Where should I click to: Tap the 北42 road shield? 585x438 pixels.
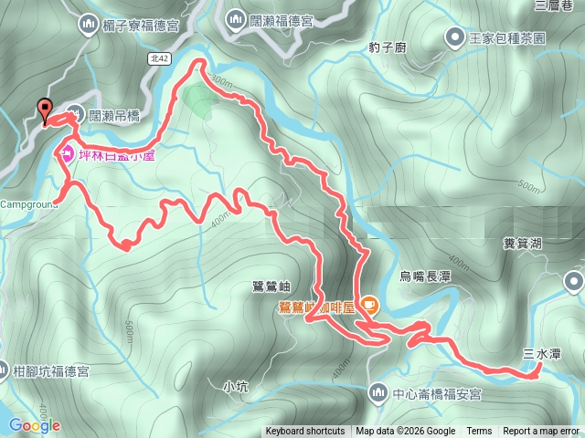(157, 57)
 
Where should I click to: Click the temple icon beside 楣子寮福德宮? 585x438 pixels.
(89, 23)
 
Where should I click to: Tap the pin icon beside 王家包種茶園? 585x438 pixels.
(454, 38)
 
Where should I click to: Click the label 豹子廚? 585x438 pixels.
(388, 47)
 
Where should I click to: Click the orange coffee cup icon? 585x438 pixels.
(370, 303)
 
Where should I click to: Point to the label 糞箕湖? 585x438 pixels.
(523, 243)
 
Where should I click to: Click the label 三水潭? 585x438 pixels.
(541, 353)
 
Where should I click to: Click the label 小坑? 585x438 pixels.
(235, 385)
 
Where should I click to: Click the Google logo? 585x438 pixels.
(34, 425)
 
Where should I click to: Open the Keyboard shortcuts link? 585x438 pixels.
(305, 432)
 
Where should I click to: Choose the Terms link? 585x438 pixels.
(479, 432)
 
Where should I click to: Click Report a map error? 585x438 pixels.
(542, 432)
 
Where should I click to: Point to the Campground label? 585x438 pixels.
(26, 203)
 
